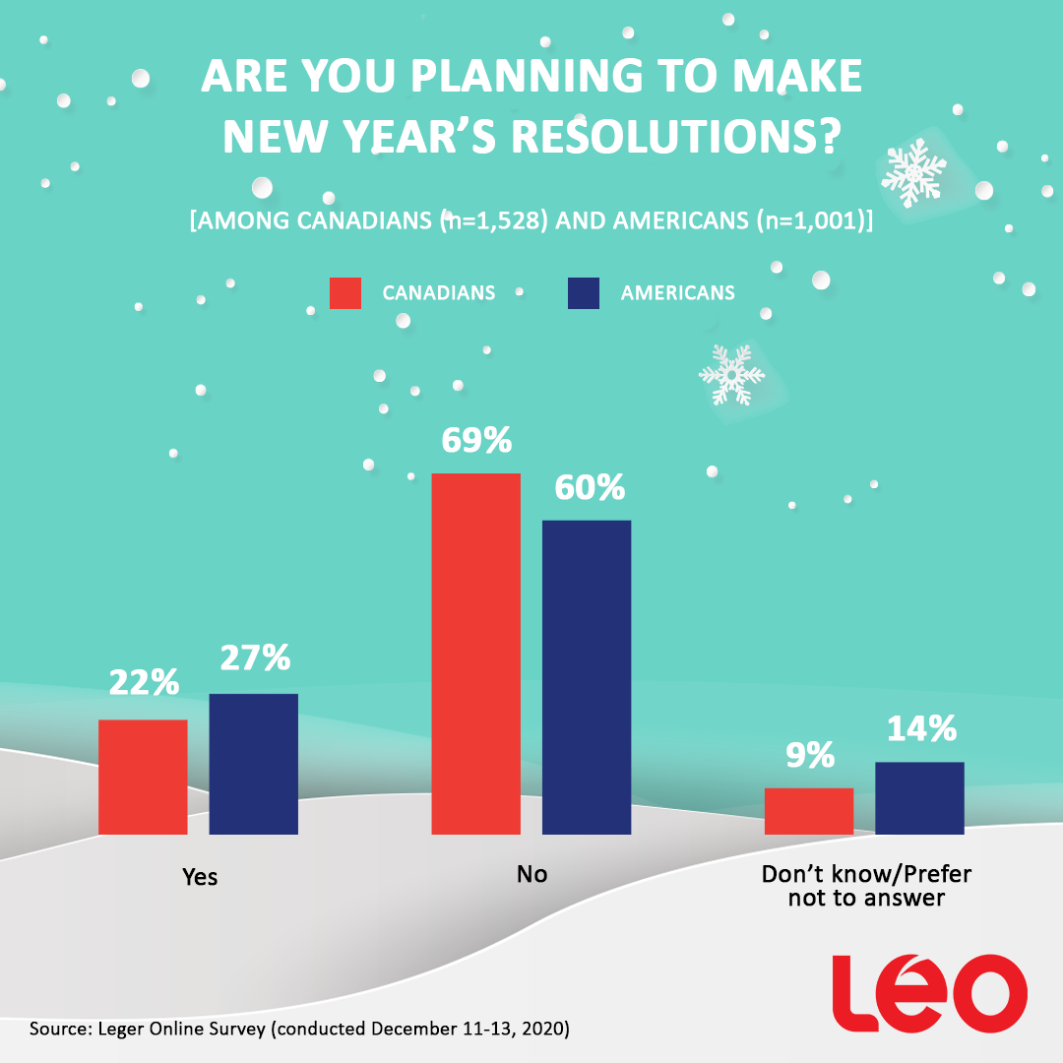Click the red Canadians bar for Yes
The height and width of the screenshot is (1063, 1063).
pos(143,777)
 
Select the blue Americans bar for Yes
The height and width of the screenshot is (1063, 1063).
pos(253,764)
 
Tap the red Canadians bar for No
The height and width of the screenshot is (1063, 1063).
pos(476,654)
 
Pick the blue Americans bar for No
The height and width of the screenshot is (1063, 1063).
pos(587,677)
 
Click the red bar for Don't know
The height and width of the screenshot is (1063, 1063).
pos(809,811)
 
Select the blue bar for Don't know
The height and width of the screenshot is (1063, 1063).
pos(919,798)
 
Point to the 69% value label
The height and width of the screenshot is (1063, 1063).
pos(476,440)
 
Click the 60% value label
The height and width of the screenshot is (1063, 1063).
pos(588,487)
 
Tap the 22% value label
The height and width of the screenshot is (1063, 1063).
pos(144,682)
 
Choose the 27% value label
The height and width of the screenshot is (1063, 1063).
pos(254,657)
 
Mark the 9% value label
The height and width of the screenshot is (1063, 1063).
pos(809,755)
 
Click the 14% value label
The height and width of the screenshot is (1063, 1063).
pos(920,728)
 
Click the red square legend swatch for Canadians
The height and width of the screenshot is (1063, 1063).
pos(345,293)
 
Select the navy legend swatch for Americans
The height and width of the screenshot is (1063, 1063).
pos(584,293)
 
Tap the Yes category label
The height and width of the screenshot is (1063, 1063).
pos(200,876)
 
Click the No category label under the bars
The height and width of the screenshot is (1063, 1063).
pos(531,874)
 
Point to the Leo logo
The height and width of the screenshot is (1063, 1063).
pos(929,991)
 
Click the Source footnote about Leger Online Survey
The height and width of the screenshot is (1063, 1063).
pos(300,1030)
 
